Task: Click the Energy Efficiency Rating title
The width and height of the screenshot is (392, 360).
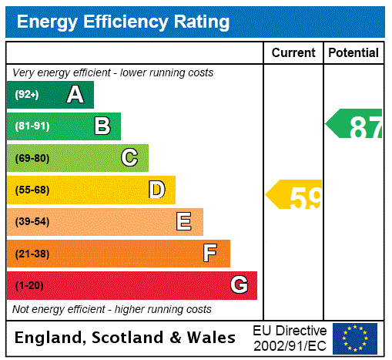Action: click(123, 22)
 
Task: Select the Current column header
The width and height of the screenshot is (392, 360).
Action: click(293, 53)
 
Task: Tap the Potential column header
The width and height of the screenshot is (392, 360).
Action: click(353, 53)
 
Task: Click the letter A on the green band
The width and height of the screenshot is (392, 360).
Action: click(75, 95)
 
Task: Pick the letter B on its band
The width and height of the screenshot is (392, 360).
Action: click(102, 126)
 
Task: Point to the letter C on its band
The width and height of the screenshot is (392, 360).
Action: click(129, 158)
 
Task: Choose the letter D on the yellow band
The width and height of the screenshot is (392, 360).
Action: click(156, 190)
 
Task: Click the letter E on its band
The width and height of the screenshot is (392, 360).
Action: click(184, 222)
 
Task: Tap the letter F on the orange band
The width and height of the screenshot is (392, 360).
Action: click(210, 254)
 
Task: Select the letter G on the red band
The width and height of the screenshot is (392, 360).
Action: click(239, 285)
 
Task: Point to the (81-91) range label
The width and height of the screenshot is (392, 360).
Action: click(32, 126)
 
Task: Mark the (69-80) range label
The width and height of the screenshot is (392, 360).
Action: click(32, 159)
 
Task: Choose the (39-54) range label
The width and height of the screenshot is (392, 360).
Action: click(32, 222)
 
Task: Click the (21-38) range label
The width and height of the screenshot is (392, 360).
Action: click(32, 254)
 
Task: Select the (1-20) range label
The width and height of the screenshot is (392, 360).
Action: click(29, 286)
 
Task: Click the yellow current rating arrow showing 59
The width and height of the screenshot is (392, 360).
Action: click(295, 196)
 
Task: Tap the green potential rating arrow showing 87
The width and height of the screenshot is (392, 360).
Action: click(355, 124)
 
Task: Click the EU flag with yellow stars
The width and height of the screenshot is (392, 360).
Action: click(355, 338)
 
